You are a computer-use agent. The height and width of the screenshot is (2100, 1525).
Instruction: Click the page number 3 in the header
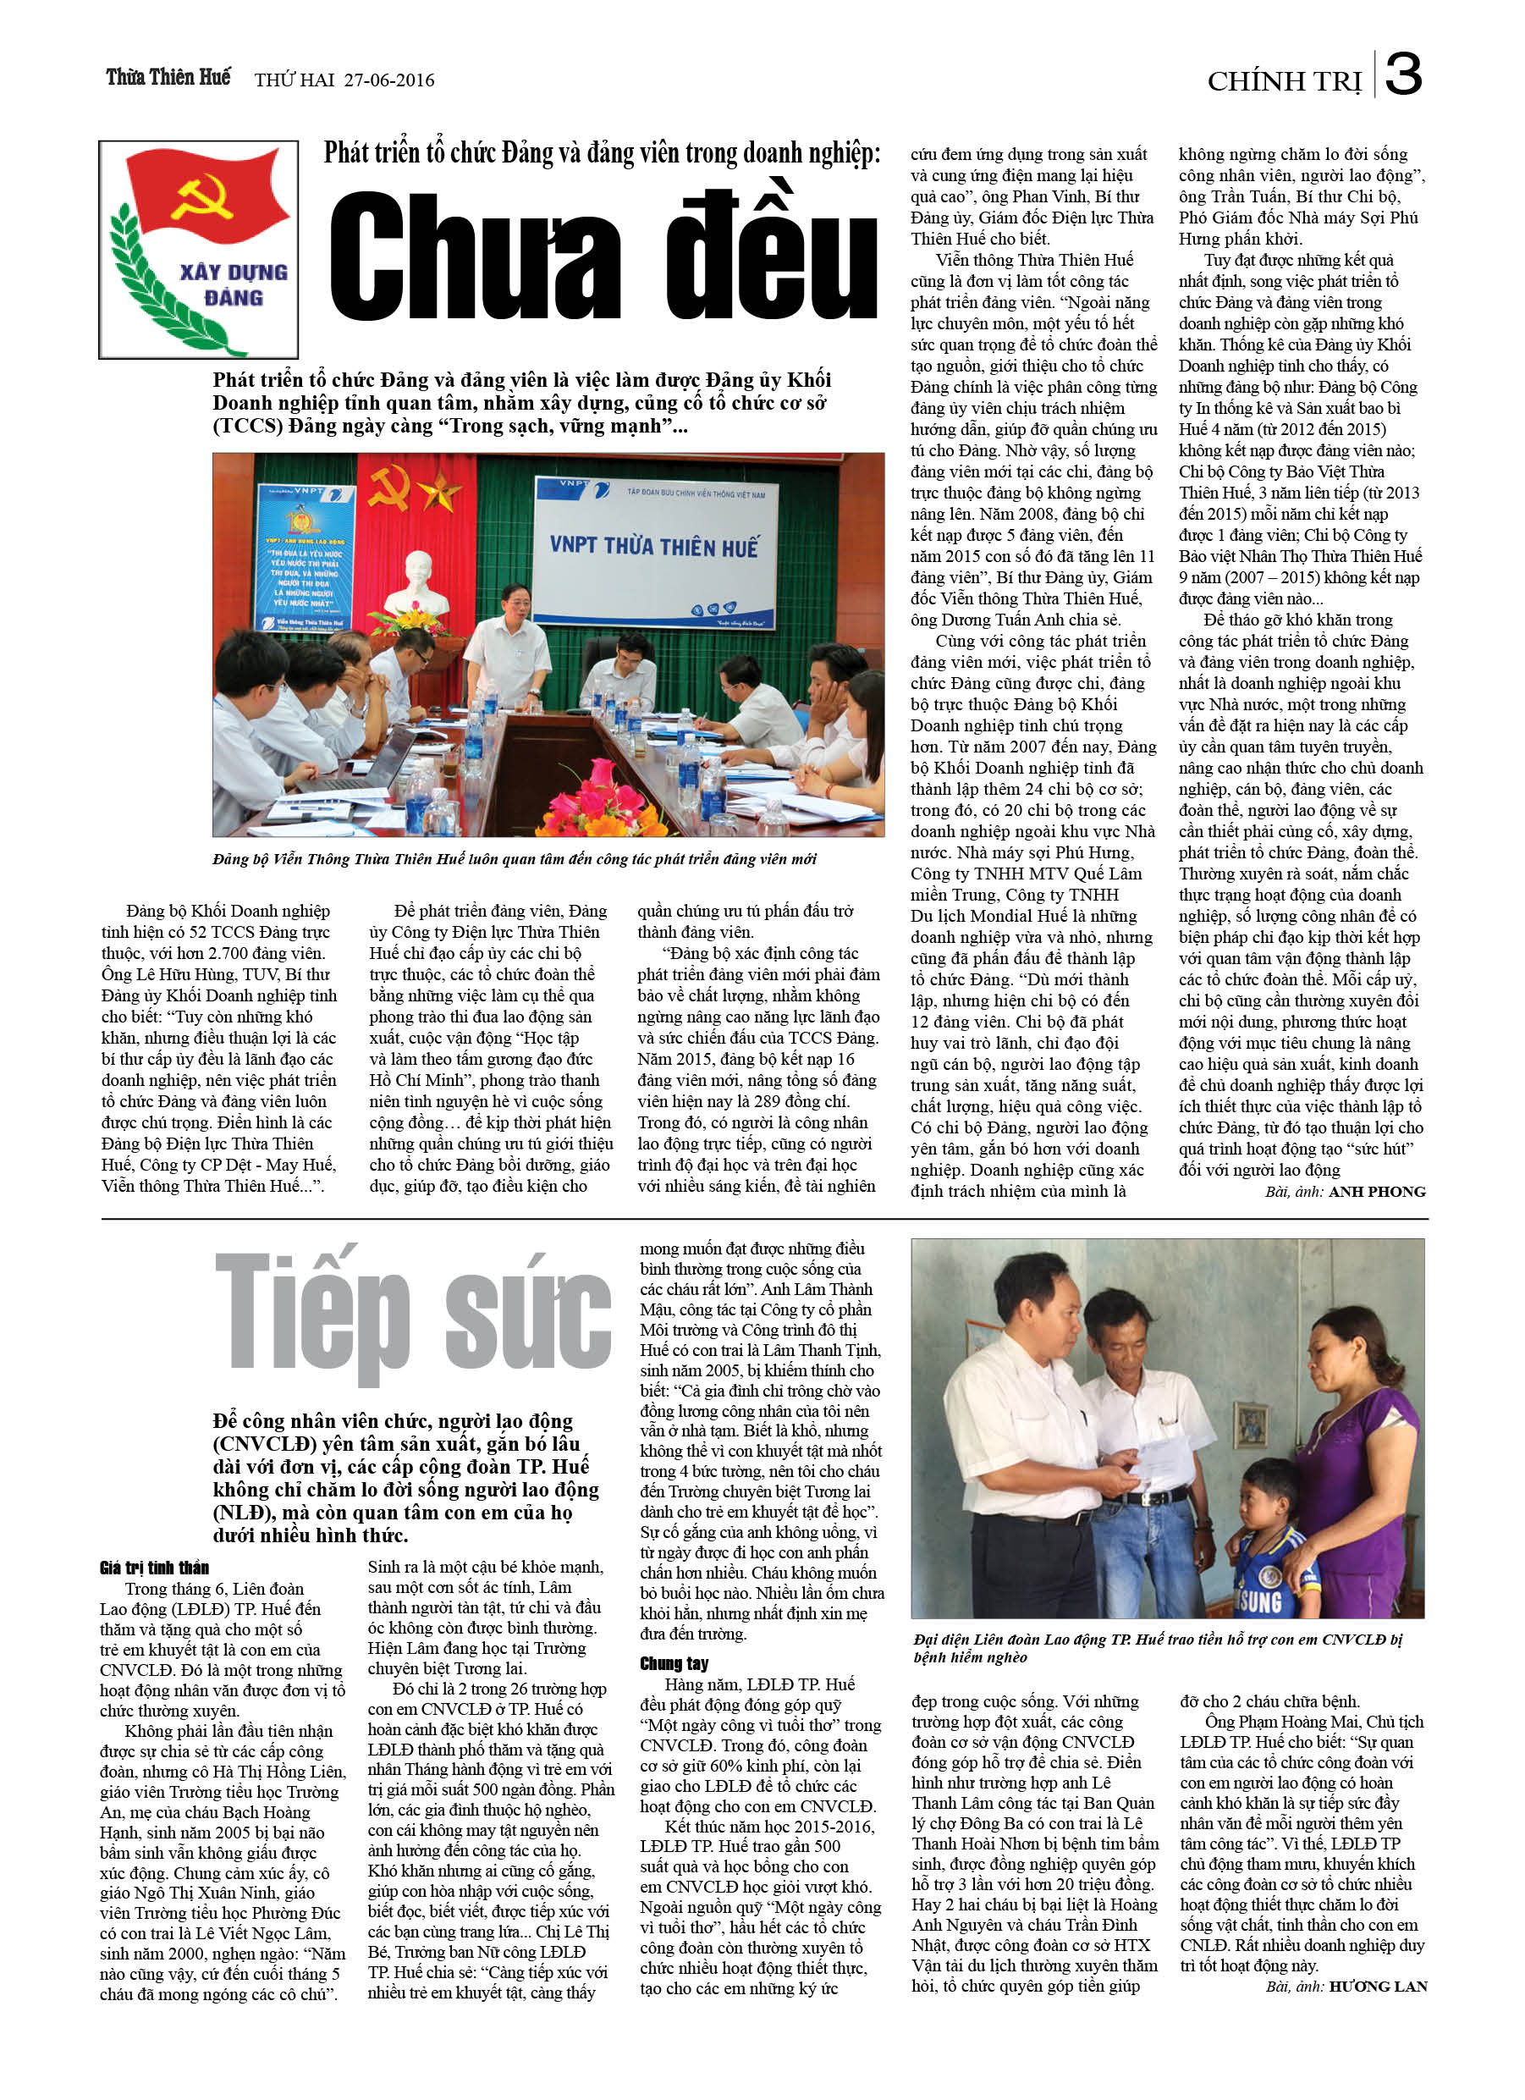point(1404,74)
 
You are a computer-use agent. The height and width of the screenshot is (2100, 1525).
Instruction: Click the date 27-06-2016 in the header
point(389,80)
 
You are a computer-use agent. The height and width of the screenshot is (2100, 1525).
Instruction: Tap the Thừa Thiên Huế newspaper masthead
point(168,77)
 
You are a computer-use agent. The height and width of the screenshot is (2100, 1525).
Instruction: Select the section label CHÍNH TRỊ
point(1285,82)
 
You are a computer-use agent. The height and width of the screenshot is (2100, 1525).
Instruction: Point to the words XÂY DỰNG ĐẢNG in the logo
point(234,284)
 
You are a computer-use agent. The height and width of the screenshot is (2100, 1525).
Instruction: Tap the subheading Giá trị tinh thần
point(155,1568)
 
